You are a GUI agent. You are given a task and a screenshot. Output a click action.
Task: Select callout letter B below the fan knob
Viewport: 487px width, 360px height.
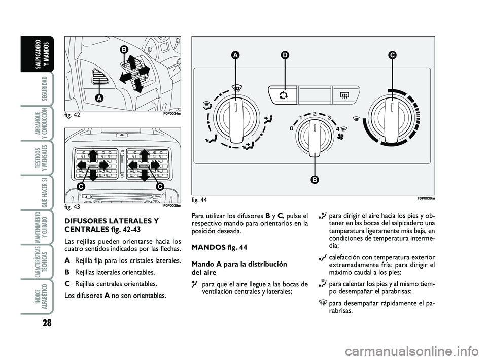pos(315,179)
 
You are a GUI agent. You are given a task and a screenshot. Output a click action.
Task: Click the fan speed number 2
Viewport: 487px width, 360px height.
pos(315,113)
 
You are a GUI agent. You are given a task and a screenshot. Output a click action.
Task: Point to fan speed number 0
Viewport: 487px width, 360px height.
pos(292,129)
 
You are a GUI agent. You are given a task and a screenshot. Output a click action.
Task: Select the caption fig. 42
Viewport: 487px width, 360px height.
pos(74,115)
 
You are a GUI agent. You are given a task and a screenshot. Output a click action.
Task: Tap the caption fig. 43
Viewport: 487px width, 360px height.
pos(74,207)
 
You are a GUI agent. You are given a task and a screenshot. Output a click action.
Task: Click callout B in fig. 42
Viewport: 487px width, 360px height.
pos(123,49)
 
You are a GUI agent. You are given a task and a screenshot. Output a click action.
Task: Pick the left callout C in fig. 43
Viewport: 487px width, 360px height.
pos(81,187)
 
